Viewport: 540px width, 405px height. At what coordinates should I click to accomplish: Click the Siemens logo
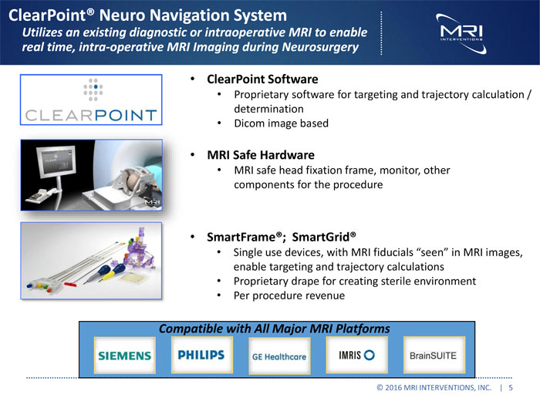(x=125, y=356)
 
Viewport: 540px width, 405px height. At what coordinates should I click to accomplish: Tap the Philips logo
(x=201, y=355)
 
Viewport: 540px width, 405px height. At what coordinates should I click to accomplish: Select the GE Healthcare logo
(x=278, y=356)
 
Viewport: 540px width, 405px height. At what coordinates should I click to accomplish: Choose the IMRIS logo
(x=356, y=355)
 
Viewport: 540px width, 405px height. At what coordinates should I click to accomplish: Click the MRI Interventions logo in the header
(x=460, y=32)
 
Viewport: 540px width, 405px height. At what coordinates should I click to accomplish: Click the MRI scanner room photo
(x=90, y=176)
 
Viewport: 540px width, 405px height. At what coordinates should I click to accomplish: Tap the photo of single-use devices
(x=90, y=262)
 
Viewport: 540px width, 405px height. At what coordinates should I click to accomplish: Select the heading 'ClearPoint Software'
(x=262, y=79)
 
